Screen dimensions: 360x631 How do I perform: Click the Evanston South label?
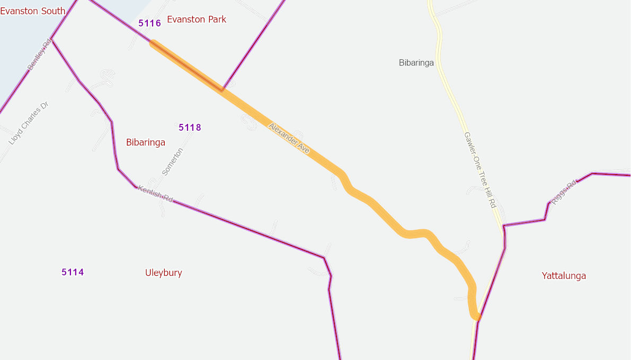pyautogui.click(x=33, y=11)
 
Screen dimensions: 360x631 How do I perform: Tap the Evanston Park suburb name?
pyautogui.click(x=197, y=20)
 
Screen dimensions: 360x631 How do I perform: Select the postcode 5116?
pyautogui.click(x=149, y=23)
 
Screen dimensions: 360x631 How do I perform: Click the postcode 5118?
pyautogui.click(x=190, y=128)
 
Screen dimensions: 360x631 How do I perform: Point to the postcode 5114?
pyautogui.click(x=73, y=273)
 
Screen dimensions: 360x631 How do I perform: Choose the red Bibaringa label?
pyautogui.click(x=146, y=142)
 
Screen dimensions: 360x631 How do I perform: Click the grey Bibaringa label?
pyautogui.click(x=416, y=63)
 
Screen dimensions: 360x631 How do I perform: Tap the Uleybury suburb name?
pyautogui.click(x=164, y=273)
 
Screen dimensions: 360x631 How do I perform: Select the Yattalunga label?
pyautogui.click(x=564, y=276)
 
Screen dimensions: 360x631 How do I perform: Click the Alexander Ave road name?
pyautogui.click(x=289, y=139)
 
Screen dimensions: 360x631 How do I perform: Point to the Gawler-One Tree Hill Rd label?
pyautogui.click(x=479, y=169)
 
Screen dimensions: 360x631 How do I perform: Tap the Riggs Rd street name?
pyautogui.click(x=564, y=193)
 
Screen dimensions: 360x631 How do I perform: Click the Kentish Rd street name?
pyautogui.click(x=155, y=194)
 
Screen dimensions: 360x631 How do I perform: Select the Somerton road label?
pyautogui.click(x=172, y=162)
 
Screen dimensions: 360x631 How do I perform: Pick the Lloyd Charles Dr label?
pyautogui.click(x=29, y=123)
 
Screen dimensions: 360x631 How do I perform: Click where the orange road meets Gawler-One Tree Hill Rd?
pyautogui.click(x=477, y=317)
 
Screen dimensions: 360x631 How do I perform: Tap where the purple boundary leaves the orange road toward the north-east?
pyautogui.click(x=223, y=89)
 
